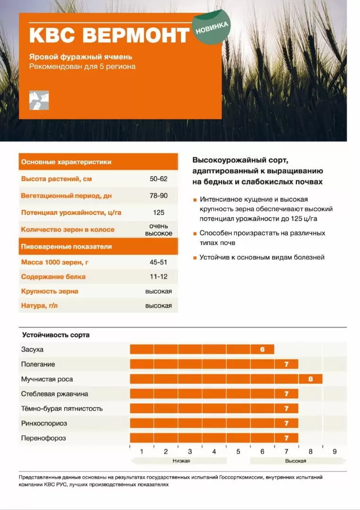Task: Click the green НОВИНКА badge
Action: pos(211,28)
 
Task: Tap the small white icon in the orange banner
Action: pos(39,100)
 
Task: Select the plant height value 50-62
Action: pos(158,179)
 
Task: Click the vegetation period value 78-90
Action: pos(158,195)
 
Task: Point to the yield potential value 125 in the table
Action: pos(158,212)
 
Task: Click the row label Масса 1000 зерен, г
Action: pos(53,262)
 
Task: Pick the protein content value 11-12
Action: pos(158,277)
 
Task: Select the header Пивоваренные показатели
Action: pos(67,246)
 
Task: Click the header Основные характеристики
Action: pos(66,162)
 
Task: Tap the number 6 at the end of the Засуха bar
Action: pos(262,350)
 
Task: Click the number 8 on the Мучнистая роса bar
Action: pos(310,379)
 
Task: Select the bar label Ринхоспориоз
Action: pos(43,424)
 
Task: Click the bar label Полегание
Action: pos(38,364)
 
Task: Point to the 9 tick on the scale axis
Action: pos(334,451)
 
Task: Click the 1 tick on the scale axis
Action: pos(142,451)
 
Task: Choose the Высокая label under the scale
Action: pos(296,461)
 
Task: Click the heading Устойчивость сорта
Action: pos(56,335)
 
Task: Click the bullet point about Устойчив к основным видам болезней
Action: pos(262,257)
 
